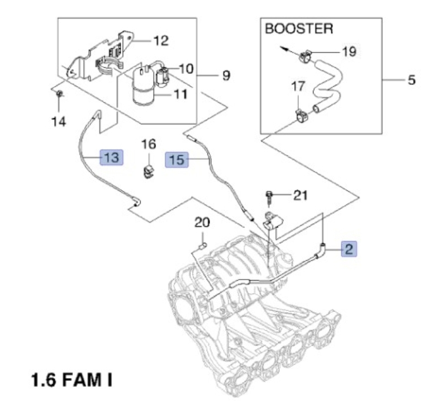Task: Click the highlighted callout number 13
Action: (x=112, y=157)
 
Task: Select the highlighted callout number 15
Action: (x=177, y=160)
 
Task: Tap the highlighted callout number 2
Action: (x=349, y=248)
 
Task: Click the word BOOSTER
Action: (x=299, y=29)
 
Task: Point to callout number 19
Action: (x=349, y=51)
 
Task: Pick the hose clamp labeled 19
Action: (x=306, y=56)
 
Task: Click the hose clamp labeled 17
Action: (x=302, y=115)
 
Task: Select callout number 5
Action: (x=412, y=80)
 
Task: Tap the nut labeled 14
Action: (x=59, y=93)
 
